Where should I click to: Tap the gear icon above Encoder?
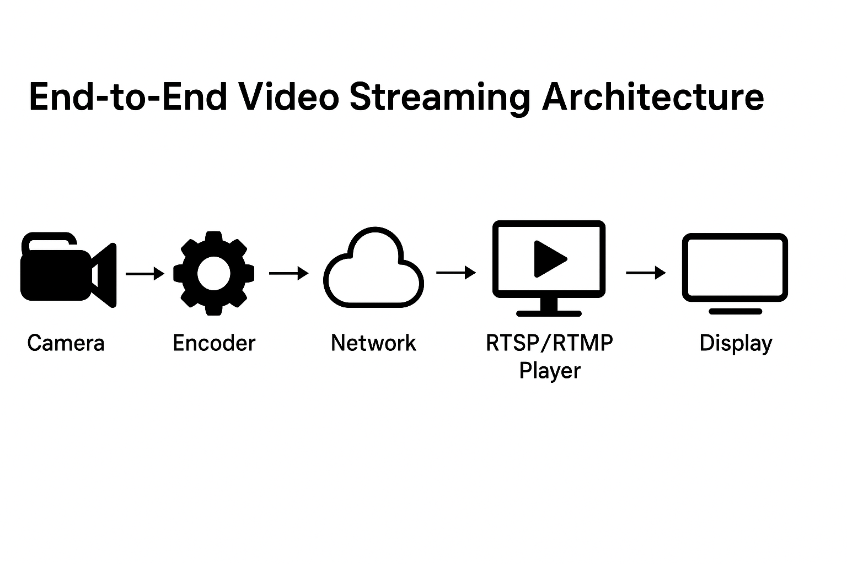click(214, 273)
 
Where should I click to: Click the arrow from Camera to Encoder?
click(145, 273)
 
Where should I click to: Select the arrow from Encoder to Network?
click(288, 273)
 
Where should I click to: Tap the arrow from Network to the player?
click(455, 272)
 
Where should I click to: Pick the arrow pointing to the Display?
click(646, 272)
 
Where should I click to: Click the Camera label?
click(66, 343)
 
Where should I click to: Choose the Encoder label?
click(214, 343)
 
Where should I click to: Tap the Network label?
click(373, 343)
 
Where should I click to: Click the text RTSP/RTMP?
click(549, 343)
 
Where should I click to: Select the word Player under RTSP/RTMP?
click(550, 371)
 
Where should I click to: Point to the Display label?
click(736, 344)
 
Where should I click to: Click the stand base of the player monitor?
click(549, 313)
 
